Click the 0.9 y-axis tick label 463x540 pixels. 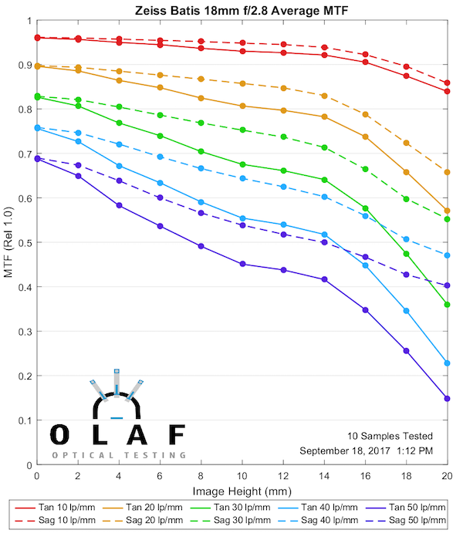click(25, 66)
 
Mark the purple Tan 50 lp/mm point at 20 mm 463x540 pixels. click(447, 399)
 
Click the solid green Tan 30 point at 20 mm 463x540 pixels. click(447, 305)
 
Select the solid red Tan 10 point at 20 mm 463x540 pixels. click(447, 91)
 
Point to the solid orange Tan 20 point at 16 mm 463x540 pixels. click(365, 137)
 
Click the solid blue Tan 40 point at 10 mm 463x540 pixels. click(242, 218)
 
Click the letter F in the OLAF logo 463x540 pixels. click(177, 435)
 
